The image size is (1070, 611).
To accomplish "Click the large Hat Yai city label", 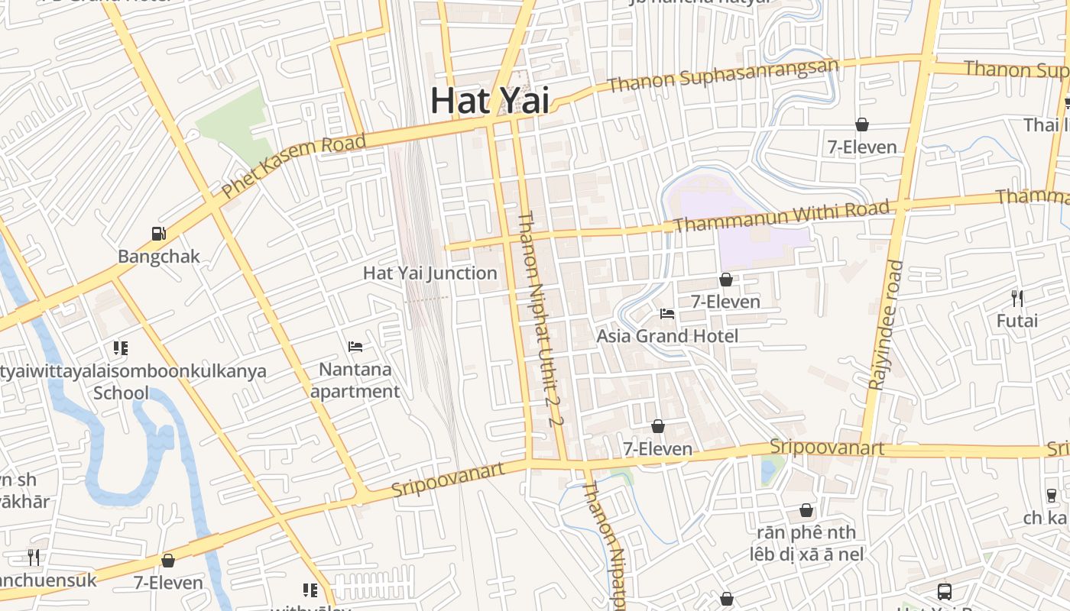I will click(x=489, y=100).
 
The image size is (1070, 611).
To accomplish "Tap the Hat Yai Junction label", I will click(x=430, y=273).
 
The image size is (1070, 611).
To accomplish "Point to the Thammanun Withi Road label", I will click(x=782, y=215).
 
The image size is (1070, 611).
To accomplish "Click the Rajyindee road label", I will click(x=886, y=325).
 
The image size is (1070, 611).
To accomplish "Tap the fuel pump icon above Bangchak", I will click(x=159, y=234).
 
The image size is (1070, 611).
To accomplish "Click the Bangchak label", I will click(x=159, y=257).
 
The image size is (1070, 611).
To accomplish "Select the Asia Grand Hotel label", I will click(x=667, y=336).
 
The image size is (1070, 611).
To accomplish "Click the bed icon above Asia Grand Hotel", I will click(x=667, y=313).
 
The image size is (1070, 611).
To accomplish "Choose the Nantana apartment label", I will click(x=355, y=380).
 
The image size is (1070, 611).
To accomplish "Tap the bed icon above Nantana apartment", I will click(x=355, y=347).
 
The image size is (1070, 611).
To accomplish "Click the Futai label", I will click(x=1016, y=321).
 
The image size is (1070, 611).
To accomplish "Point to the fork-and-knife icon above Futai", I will click(x=1016, y=298).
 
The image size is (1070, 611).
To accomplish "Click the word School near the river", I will click(x=121, y=393).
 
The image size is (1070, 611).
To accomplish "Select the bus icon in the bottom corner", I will click(x=945, y=591).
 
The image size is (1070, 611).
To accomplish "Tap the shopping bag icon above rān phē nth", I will click(x=806, y=509).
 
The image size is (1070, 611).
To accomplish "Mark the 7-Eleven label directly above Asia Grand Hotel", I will click(x=725, y=302).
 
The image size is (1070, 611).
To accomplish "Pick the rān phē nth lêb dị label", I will click(x=806, y=543).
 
